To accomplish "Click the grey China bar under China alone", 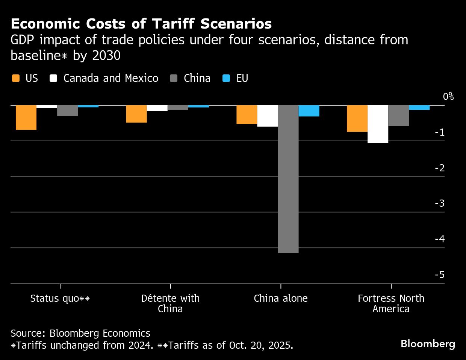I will pyautogui.click(x=288, y=179).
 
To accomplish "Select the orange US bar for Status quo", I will pyautogui.click(x=26, y=118).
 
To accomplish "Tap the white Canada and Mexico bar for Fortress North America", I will pyautogui.click(x=378, y=124).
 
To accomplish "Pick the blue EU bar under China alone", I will pyautogui.click(x=309, y=111).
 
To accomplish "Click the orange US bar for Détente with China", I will pyautogui.click(x=136, y=114).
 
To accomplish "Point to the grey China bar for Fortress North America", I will pyautogui.click(x=398, y=116).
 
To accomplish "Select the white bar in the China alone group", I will pyautogui.click(x=267, y=116).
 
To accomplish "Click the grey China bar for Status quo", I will pyautogui.click(x=67, y=111).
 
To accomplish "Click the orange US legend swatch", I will pyautogui.click(x=16, y=78).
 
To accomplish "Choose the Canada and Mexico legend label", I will pyautogui.click(x=111, y=78).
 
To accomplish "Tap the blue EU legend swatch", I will pyautogui.click(x=226, y=78).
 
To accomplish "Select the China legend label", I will pyautogui.click(x=197, y=78).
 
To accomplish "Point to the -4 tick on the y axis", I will pyautogui.click(x=439, y=239).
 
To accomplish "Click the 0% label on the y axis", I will pyautogui.click(x=448, y=97).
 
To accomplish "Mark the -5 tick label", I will pyautogui.click(x=439, y=275).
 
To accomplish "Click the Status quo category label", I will pyautogui.click(x=60, y=298).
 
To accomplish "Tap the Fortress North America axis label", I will pyautogui.click(x=391, y=304).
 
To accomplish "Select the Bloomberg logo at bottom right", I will pyautogui.click(x=428, y=343).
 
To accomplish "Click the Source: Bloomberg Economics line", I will pyautogui.click(x=80, y=333).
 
